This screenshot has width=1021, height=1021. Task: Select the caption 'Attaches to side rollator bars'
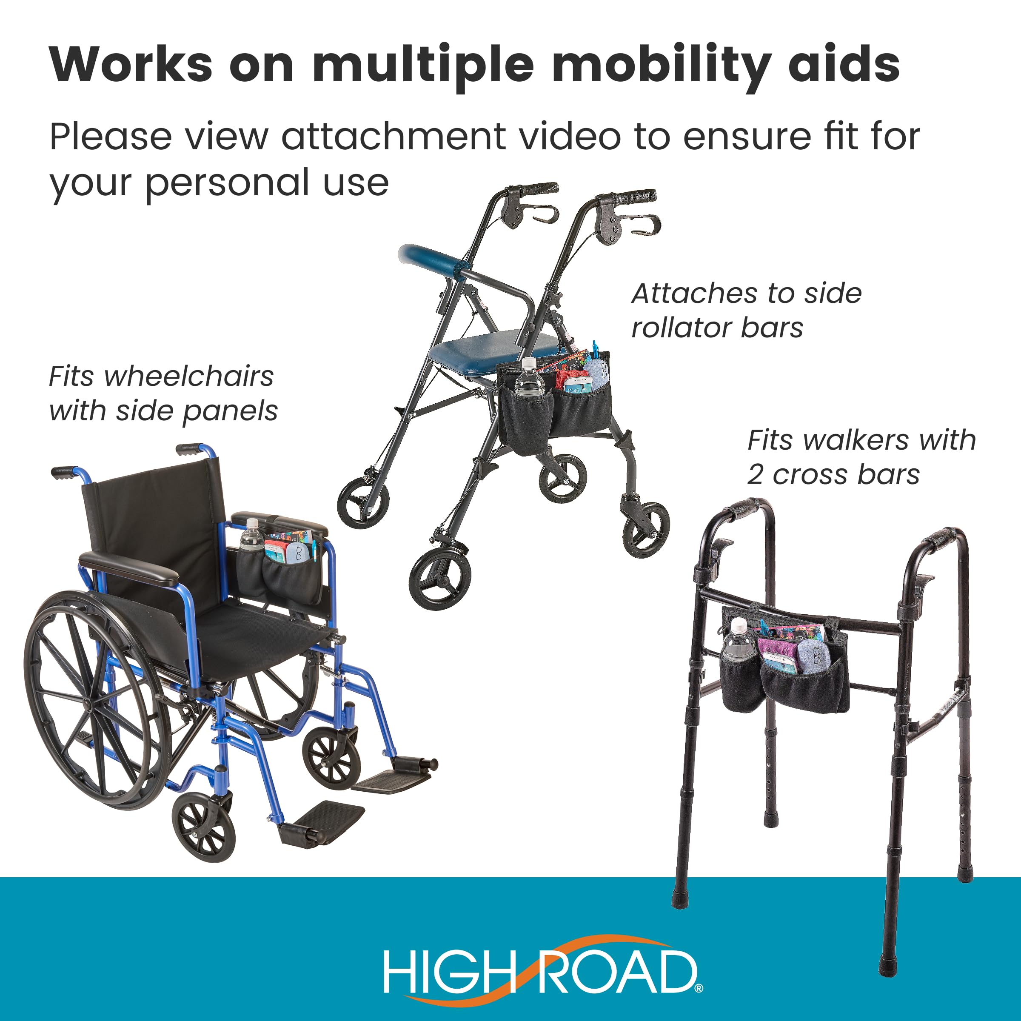coord(746,310)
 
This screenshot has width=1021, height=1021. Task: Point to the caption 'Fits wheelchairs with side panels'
coord(163,394)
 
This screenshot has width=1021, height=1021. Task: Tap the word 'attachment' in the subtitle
coord(393,136)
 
